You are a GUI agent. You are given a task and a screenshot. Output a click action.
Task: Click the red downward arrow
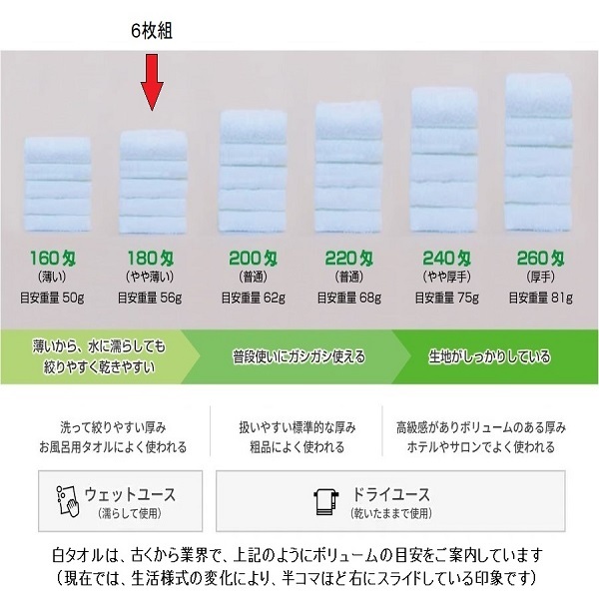[152, 83]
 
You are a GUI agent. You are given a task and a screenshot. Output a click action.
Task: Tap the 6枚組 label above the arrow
[152, 32]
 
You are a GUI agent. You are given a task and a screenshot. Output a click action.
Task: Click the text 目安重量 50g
[53, 297]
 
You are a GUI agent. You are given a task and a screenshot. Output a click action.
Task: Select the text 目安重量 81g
[541, 297]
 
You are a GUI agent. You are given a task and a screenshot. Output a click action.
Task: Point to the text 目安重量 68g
[346, 297]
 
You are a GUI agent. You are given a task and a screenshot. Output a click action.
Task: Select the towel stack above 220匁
[346, 170]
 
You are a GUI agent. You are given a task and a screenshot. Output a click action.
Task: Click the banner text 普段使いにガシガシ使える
[299, 356]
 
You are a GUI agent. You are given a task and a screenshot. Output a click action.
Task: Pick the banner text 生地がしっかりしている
[489, 356]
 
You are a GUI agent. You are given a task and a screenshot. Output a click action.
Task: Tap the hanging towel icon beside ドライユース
[323, 502]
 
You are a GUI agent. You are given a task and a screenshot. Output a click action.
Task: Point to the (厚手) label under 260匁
[541, 275]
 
